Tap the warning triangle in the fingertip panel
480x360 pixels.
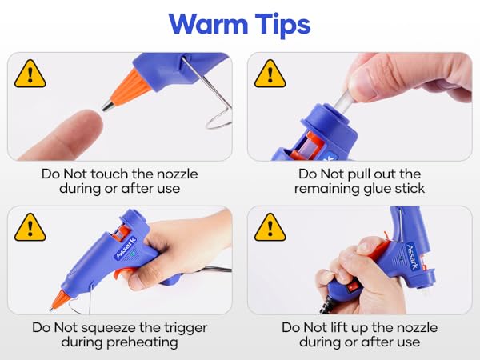[x=31, y=74]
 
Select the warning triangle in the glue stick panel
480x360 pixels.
[x=270, y=74]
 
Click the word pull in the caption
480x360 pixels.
[x=362, y=174]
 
